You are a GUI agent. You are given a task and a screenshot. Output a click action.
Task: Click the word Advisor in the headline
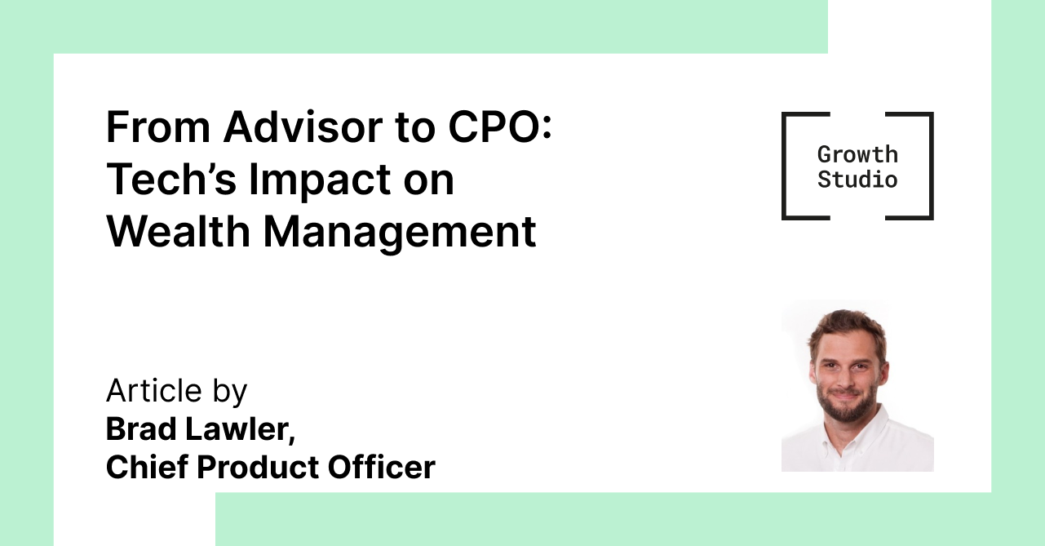tap(303, 127)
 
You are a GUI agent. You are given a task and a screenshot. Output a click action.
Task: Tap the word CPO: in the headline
tap(500, 127)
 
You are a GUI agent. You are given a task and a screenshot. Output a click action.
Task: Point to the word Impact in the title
tap(320, 183)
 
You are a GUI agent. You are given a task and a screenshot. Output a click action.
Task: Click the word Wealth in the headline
tap(179, 231)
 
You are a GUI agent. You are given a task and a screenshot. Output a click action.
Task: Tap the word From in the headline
tap(158, 127)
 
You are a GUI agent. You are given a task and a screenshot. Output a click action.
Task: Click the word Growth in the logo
tap(857, 154)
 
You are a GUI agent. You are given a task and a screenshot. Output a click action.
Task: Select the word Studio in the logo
tap(857, 180)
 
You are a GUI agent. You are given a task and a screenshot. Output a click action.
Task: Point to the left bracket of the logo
tap(784, 166)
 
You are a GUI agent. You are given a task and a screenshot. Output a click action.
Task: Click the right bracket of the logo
tap(931, 166)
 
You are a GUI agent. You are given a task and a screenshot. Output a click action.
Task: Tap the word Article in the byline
tap(154, 391)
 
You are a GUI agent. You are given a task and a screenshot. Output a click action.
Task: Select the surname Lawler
tap(241, 430)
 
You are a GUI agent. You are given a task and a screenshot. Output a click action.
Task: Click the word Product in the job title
tap(258, 467)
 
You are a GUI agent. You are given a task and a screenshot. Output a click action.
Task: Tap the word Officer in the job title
tap(382, 467)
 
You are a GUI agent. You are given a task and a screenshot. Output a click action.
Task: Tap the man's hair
tap(848, 326)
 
